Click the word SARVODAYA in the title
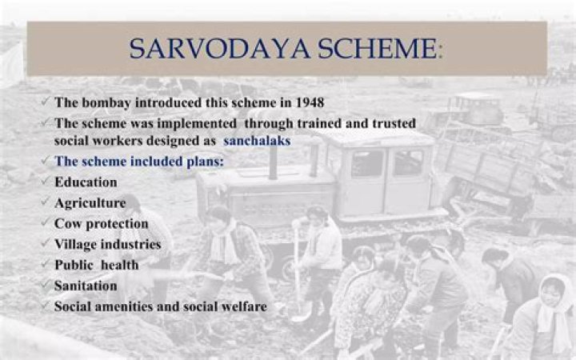tap(220, 49)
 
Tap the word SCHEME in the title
tap(378, 49)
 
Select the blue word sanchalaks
tap(257, 141)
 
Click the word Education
tap(86, 182)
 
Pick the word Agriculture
tap(90, 203)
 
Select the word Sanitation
tap(86, 286)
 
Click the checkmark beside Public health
tap(45, 264)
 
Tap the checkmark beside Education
tap(45, 181)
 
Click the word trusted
tap(394, 123)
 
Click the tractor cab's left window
tap(367, 163)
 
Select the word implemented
tap(197, 124)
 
